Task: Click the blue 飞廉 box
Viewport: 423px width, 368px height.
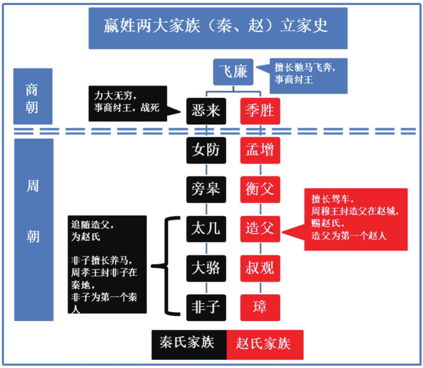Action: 233,72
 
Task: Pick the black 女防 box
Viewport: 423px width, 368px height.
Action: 206,150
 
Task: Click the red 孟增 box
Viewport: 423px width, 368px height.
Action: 260,150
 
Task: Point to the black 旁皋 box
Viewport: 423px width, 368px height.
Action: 206,189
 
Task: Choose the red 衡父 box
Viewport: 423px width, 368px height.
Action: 260,189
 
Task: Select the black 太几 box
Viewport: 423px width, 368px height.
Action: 206,229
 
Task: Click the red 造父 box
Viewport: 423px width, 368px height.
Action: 260,229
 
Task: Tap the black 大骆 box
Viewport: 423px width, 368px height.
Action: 206,268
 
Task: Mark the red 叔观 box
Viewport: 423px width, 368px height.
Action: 260,268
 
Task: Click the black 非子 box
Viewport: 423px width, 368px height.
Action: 206,307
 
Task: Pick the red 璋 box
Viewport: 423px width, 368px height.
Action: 260,307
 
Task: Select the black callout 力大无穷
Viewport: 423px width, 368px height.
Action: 128,103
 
